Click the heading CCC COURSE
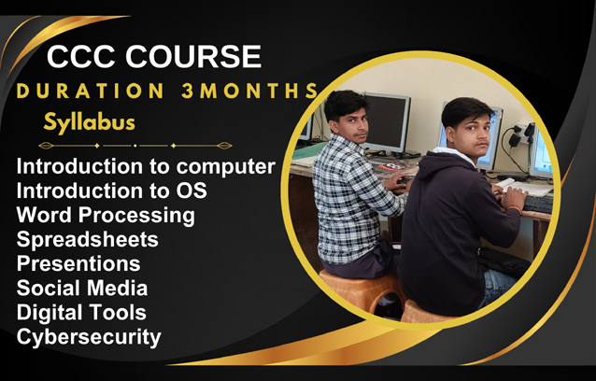coord(154,57)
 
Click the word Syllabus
coord(89,122)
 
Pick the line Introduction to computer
coord(146,168)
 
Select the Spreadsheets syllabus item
coord(87,240)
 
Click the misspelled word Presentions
coord(78,264)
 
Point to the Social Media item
coord(82,289)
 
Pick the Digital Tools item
coord(81,313)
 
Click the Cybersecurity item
coord(89,337)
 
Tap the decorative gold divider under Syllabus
coord(135,147)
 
